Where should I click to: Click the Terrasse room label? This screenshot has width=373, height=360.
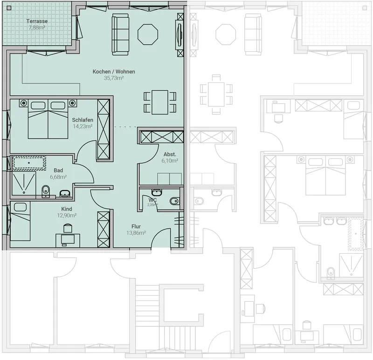point(37,21)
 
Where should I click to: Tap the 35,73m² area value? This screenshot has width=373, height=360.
point(114,78)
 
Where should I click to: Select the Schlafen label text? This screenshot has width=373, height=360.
point(83,120)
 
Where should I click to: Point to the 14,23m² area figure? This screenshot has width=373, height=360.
point(83,126)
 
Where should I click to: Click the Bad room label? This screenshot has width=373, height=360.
point(58,170)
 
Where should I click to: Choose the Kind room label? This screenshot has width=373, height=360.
point(67,209)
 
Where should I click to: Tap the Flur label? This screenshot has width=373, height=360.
point(136,226)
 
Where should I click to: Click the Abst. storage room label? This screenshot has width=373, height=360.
point(170,155)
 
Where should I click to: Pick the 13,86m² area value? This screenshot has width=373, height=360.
point(136,233)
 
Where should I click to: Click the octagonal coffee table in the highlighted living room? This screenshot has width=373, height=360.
point(148,34)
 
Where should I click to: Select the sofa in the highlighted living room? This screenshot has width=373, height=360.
point(120,34)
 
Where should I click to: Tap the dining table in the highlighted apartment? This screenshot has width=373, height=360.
point(160,102)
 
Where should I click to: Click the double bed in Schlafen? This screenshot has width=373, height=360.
point(48,119)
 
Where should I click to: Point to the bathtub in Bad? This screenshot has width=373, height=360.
point(29,163)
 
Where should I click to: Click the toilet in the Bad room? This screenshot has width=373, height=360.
point(45,191)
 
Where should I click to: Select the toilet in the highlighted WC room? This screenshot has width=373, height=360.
point(174,201)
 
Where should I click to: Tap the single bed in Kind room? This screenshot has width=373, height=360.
point(20,221)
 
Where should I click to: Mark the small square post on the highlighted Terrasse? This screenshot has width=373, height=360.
point(9,8)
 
